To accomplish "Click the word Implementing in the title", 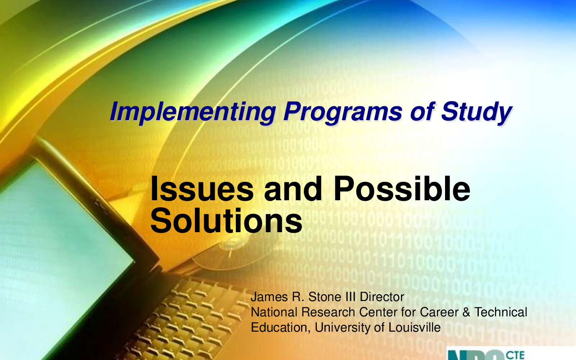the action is pyautogui.click(x=193, y=112).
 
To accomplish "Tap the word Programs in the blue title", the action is pyautogui.click(x=342, y=112).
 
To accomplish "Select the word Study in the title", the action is pyautogui.click(x=477, y=112).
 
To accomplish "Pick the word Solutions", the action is pyautogui.click(x=226, y=220).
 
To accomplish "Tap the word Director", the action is pyautogui.click(x=382, y=297).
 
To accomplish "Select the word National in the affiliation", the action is pyautogui.click(x=274, y=312).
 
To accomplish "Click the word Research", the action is pyautogui.click(x=328, y=312).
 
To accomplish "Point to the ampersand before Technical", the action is pyautogui.click(x=466, y=312).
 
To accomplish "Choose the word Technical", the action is pyautogui.click(x=501, y=312).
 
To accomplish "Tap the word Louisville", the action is pyautogui.click(x=414, y=327).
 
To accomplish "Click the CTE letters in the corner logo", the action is pyautogui.click(x=515, y=355).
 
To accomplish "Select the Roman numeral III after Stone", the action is pyautogui.click(x=351, y=297).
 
